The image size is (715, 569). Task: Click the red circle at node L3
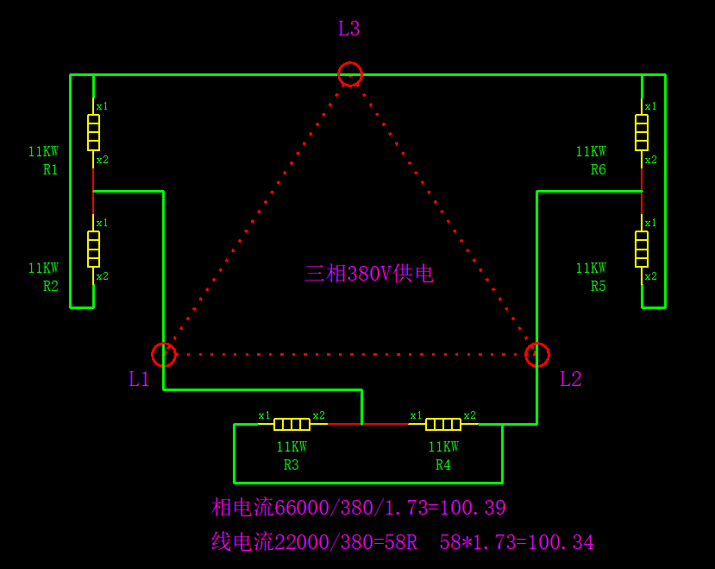point(350,74)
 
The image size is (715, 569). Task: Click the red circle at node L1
point(164,355)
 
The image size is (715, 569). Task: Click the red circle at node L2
point(537,355)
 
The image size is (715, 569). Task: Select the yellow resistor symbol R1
point(93,132)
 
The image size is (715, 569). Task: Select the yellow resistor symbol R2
point(93,249)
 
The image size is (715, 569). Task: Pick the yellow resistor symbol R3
point(292,424)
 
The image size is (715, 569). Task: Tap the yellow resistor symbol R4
point(443,424)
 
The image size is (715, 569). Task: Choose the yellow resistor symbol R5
point(642,249)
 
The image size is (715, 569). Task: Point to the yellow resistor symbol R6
point(642,132)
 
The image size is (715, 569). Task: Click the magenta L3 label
point(348,29)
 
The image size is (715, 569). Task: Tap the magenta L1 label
point(139,379)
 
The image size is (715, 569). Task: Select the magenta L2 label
point(570,379)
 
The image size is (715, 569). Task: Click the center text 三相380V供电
point(368,274)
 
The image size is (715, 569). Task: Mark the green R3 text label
point(292,465)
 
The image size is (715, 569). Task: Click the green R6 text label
point(599,170)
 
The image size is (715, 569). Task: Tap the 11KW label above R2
point(43,269)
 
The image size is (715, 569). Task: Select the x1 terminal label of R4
point(416,415)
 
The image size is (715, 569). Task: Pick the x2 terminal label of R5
point(650,276)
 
